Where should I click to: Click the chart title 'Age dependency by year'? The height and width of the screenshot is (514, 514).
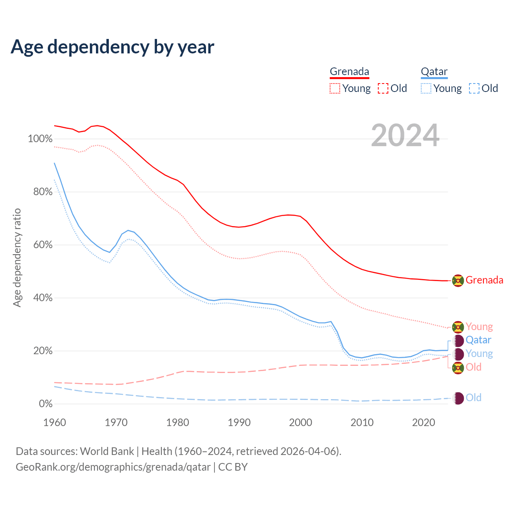coord(112,47)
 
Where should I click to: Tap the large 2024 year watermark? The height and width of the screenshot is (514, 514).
coord(405,135)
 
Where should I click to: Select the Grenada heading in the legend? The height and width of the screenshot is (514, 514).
coord(349,71)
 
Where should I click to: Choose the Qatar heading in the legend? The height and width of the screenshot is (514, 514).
coord(434,71)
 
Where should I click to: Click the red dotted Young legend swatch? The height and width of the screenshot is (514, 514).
coord(335,88)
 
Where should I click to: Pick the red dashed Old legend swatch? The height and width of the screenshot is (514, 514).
coord(383,88)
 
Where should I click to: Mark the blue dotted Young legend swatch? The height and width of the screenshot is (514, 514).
coord(426,88)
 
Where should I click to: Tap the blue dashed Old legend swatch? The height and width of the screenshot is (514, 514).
coord(474,88)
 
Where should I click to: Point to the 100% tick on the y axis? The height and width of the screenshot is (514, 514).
coord(40,139)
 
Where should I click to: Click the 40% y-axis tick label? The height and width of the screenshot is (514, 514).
coord(43,298)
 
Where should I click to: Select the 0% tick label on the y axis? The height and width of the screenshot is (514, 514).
coord(46,404)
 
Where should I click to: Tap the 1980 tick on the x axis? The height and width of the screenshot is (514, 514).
coord(178,422)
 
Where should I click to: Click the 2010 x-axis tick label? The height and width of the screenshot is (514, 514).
coord(362,422)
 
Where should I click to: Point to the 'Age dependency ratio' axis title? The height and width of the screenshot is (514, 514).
coord(17,257)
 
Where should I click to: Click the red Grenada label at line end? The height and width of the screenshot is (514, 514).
coord(484,280)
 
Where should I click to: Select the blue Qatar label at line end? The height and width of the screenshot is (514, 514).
coord(478,341)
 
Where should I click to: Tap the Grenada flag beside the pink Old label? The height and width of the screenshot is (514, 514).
coord(458,367)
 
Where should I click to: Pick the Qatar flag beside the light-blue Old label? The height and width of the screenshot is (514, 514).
coord(458,398)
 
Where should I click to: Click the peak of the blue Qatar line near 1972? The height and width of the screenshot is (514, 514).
coord(128,230)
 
